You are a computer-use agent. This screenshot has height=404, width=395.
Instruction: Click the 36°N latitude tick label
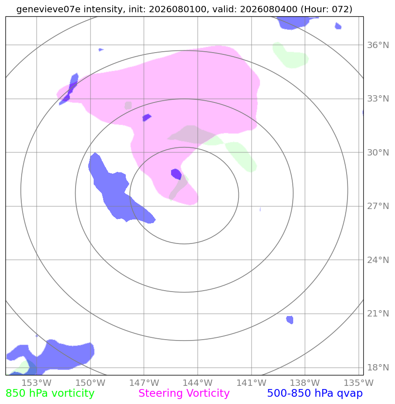tap(378, 45)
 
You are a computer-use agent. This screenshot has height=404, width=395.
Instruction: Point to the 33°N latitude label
tap(378, 99)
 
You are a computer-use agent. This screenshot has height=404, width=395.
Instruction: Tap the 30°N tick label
tap(378, 152)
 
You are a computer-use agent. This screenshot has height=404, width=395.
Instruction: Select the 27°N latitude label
tap(378, 206)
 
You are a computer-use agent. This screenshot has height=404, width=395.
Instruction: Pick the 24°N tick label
tap(378, 260)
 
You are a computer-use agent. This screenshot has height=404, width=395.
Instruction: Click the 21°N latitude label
tap(378, 314)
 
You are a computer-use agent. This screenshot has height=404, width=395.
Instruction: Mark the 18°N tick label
tap(378, 367)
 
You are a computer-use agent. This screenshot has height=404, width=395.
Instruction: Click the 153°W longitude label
tap(37, 383)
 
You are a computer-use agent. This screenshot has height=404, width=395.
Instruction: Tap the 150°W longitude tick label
tap(90, 383)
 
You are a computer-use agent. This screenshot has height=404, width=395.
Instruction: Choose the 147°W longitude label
tap(144, 383)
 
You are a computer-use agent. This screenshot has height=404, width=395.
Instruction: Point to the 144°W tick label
tap(197, 383)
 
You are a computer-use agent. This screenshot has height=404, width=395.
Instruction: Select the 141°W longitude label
tap(251, 383)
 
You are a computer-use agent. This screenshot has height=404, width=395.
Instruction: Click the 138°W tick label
tap(305, 383)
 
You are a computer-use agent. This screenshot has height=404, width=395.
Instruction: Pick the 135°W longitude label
tap(358, 383)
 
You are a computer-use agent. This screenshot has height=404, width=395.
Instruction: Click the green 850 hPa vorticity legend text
tap(50, 394)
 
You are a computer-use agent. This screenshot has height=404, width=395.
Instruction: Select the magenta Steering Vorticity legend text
tap(184, 393)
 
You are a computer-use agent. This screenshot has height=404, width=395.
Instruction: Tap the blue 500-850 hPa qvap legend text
tap(315, 394)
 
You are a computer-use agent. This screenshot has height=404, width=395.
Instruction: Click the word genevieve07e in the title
tap(48, 9)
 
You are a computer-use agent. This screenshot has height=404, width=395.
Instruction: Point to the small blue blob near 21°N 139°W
tap(290, 320)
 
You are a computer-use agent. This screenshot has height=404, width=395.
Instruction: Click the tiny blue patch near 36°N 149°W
tap(101, 49)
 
